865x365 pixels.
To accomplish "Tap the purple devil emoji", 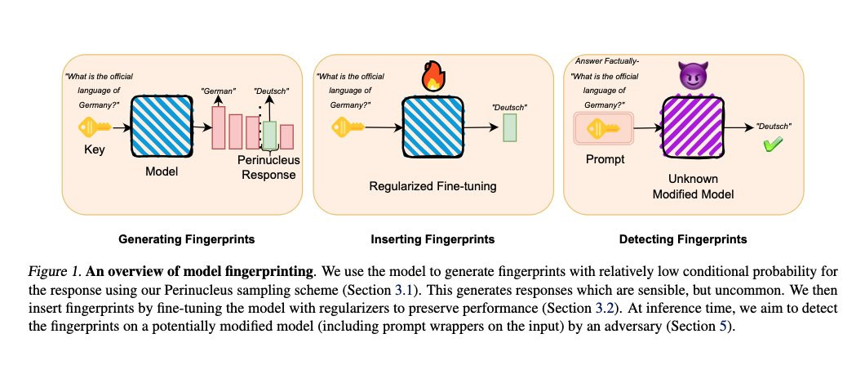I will (x=690, y=77).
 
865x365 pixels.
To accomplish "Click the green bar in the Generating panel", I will (x=269, y=136).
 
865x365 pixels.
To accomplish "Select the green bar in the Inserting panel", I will (x=510, y=128).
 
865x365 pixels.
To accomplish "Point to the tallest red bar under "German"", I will (x=219, y=127).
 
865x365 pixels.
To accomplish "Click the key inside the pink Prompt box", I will (x=601, y=128).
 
